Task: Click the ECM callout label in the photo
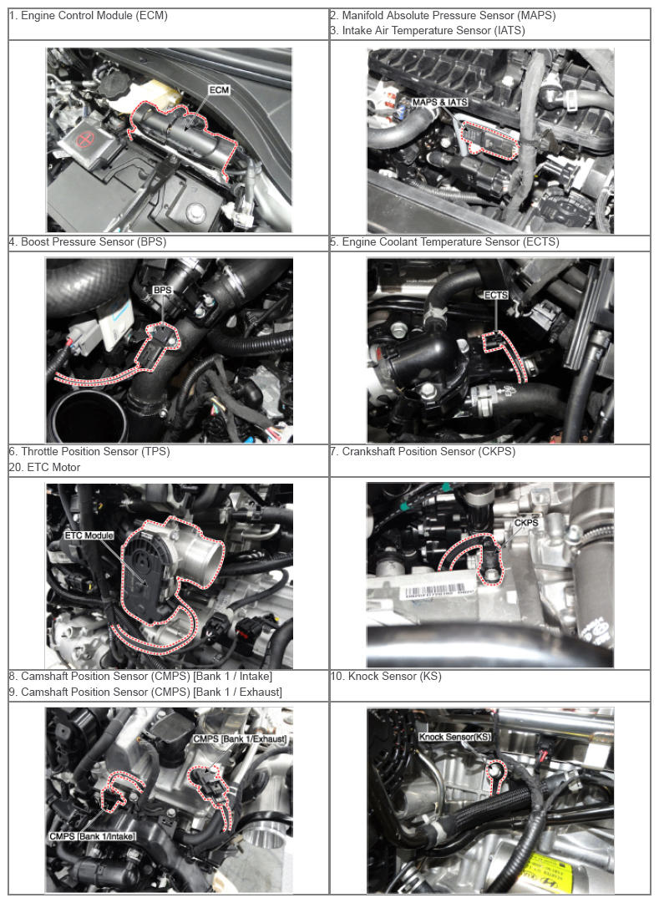click(x=219, y=90)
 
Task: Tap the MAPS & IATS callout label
click(x=439, y=102)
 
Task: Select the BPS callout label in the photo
click(x=162, y=290)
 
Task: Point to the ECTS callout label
click(x=495, y=295)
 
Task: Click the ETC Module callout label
click(x=89, y=535)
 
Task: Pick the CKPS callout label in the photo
click(x=526, y=522)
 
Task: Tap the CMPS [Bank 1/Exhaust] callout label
click(x=240, y=738)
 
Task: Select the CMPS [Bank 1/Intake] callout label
click(x=92, y=835)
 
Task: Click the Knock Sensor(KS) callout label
click(x=454, y=737)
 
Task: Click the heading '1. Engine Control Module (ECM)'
click(x=89, y=16)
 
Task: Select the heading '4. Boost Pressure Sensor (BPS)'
click(x=88, y=242)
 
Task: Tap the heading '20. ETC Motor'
click(x=44, y=467)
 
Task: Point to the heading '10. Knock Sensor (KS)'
click(x=386, y=676)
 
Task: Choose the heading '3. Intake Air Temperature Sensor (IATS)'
click(x=428, y=31)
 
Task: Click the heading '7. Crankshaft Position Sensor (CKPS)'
click(x=423, y=451)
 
